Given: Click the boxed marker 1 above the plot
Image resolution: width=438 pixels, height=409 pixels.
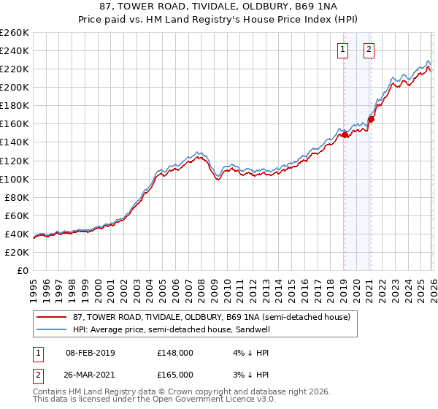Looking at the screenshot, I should pyautogui.click(x=343, y=50).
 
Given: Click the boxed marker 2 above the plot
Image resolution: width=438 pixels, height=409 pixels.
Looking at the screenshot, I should pyautogui.click(x=369, y=50).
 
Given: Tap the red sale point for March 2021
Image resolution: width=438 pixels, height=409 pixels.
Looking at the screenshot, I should pyautogui.click(x=371, y=119).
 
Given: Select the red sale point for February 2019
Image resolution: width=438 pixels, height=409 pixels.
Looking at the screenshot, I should pyautogui.click(x=344, y=134).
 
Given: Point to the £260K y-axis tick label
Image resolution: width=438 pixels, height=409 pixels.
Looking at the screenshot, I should pyautogui.click(x=15, y=33).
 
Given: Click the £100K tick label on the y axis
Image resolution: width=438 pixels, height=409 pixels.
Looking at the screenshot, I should pyautogui.click(x=15, y=179).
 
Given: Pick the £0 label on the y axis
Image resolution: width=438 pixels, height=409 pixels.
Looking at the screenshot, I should pyautogui.click(x=22, y=270).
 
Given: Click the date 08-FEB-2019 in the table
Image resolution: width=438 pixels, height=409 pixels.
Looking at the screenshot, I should pyautogui.click(x=91, y=352).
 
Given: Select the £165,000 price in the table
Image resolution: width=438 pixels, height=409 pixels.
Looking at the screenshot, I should pyautogui.click(x=174, y=374).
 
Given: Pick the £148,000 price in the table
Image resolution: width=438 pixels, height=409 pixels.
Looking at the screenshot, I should pyautogui.click(x=174, y=352).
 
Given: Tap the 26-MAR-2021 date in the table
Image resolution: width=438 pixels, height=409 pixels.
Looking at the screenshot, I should pyautogui.click(x=91, y=374).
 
